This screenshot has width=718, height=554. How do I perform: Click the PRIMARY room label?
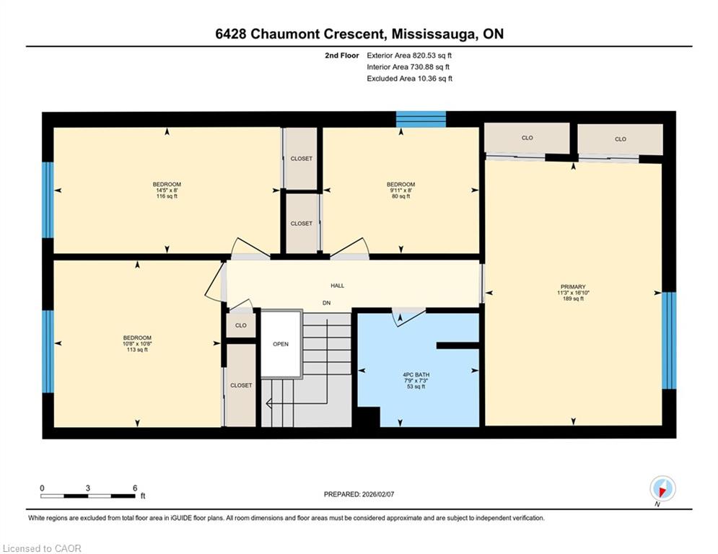click(x=573, y=286)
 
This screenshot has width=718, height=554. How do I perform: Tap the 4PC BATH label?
click(x=416, y=374)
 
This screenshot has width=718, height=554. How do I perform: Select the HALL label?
click(x=338, y=286)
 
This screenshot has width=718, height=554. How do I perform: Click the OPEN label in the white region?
click(x=281, y=344)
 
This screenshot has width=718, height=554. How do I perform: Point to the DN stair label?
click(x=326, y=303)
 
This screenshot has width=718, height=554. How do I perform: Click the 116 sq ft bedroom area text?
click(x=167, y=196)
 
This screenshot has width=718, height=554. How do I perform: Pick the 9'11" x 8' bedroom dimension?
click(x=400, y=190)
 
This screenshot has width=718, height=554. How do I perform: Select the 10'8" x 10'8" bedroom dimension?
click(x=137, y=344)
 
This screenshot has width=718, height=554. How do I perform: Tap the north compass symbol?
click(x=662, y=489)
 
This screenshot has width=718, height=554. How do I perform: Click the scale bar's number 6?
click(x=135, y=488)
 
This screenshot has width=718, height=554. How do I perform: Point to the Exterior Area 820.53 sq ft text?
click(x=409, y=56)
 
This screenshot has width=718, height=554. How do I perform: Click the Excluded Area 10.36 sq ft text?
click(x=409, y=79)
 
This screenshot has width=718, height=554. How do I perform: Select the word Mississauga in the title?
click(x=432, y=34)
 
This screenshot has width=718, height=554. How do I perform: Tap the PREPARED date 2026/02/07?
click(x=378, y=494)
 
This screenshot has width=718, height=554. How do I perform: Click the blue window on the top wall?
click(x=421, y=119)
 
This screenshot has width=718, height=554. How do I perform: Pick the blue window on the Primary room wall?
click(x=669, y=340)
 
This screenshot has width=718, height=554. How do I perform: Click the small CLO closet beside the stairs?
click(x=241, y=325)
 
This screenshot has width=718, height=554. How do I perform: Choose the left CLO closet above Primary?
click(x=527, y=138)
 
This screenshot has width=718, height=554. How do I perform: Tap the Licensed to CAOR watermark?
click(x=42, y=548)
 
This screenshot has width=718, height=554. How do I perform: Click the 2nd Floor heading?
click(x=342, y=56)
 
